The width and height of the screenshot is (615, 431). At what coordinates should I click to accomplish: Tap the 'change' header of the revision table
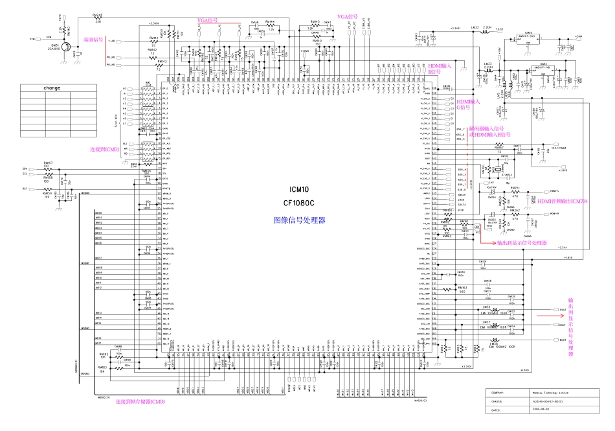[52, 87]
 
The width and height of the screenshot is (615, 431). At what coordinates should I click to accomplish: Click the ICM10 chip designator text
[299, 189]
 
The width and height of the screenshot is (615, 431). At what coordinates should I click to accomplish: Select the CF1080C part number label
[299, 203]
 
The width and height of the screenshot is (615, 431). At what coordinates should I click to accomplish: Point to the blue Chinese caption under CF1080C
[299, 220]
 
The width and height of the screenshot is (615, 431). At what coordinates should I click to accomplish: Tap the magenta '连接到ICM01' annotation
[104, 149]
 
